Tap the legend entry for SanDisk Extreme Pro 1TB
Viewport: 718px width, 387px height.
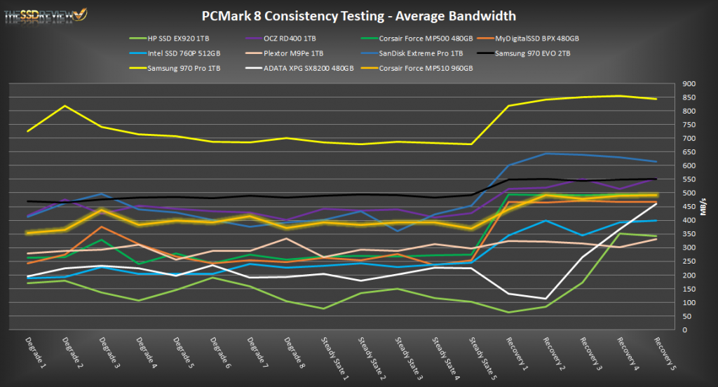427,53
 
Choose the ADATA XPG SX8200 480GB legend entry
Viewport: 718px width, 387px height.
299,68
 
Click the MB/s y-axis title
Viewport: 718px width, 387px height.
704,207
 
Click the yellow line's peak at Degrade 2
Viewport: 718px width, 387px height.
65,106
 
